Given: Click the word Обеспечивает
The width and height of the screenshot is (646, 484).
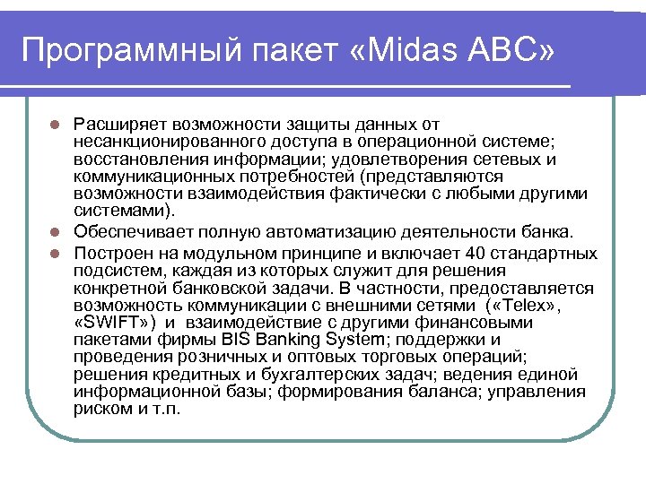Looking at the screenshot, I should click(127, 233).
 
